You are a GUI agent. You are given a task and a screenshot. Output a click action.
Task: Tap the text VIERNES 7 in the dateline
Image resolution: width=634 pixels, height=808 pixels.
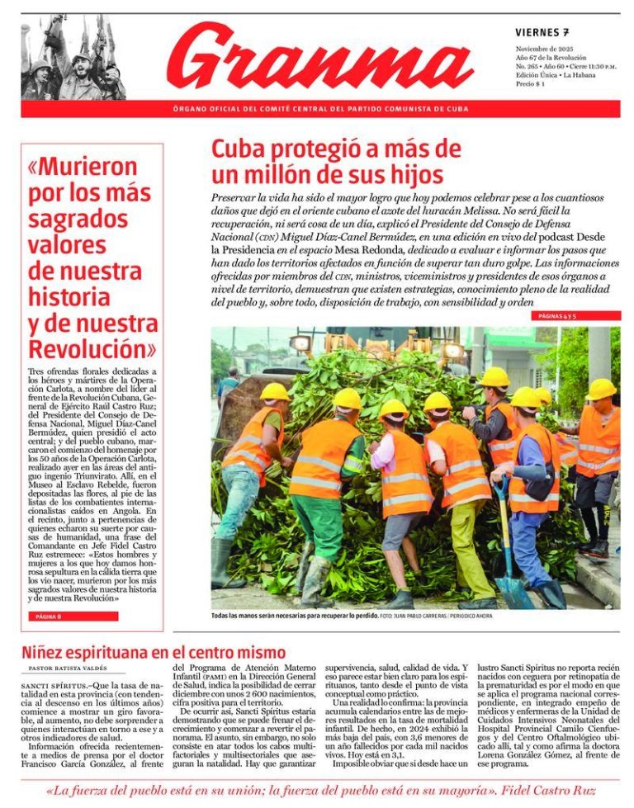click(542, 33)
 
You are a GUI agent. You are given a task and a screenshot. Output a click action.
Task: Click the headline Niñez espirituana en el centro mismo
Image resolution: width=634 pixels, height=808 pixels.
click(154, 653)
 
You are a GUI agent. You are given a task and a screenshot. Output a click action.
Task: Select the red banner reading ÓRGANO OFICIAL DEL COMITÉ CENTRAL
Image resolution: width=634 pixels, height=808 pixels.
click(320, 109)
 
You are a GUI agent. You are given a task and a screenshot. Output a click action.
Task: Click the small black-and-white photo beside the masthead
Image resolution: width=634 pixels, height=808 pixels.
click(73, 58)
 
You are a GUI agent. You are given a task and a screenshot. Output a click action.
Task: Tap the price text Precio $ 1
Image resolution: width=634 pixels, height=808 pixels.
click(530, 84)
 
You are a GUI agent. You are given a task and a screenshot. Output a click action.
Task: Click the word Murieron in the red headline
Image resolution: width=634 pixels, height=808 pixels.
click(82, 167)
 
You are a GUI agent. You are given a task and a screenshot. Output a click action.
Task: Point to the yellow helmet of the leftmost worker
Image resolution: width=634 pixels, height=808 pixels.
click(274, 392)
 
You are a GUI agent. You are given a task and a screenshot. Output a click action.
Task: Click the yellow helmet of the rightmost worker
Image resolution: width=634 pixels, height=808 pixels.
click(600, 389)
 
